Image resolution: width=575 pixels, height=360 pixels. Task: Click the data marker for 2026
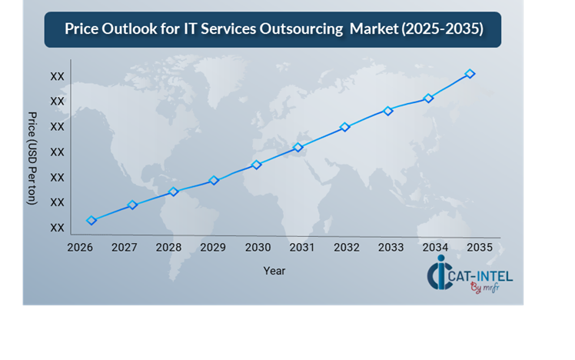coord(92,220)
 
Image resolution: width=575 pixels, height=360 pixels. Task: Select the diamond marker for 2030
coord(257,165)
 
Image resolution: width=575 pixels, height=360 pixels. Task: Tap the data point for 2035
coord(470,74)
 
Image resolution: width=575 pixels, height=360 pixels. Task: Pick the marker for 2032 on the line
coord(345,127)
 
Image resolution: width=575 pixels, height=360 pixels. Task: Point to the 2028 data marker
coord(174,192)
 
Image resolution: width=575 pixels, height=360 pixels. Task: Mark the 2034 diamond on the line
coord(429,98)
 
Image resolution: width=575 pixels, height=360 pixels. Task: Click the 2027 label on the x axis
coord(125,248)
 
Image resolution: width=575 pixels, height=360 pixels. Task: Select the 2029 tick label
coord(213,248)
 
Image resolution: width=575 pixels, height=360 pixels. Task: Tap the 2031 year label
coord(302,248)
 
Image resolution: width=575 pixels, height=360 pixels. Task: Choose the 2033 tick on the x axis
coord(391,248)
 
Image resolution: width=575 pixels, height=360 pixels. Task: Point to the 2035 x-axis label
coord(480,248)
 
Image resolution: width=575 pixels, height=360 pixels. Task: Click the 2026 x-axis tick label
coord(80,248)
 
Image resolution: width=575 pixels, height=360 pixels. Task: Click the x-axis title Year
coord(274,271)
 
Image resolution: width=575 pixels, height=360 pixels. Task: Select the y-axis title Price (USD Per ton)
coord(32,158)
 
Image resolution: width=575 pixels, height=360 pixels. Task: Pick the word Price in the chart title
coord(82,30)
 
